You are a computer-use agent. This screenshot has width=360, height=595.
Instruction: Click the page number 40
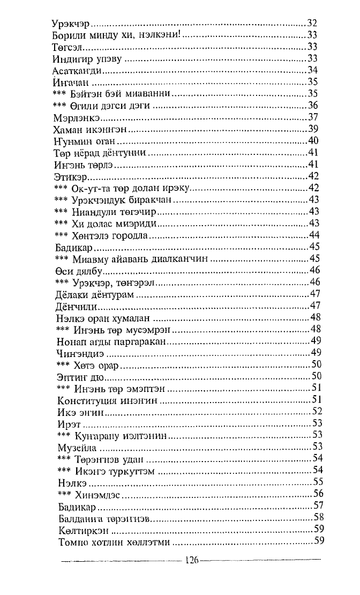314,141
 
